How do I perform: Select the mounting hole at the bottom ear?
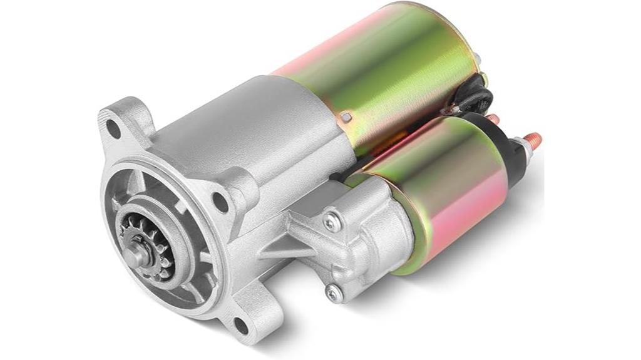[240, 324]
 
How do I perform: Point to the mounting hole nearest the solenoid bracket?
[221, 202]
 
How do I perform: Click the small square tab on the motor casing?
[346, 116]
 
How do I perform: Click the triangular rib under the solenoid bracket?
[285, 247]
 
